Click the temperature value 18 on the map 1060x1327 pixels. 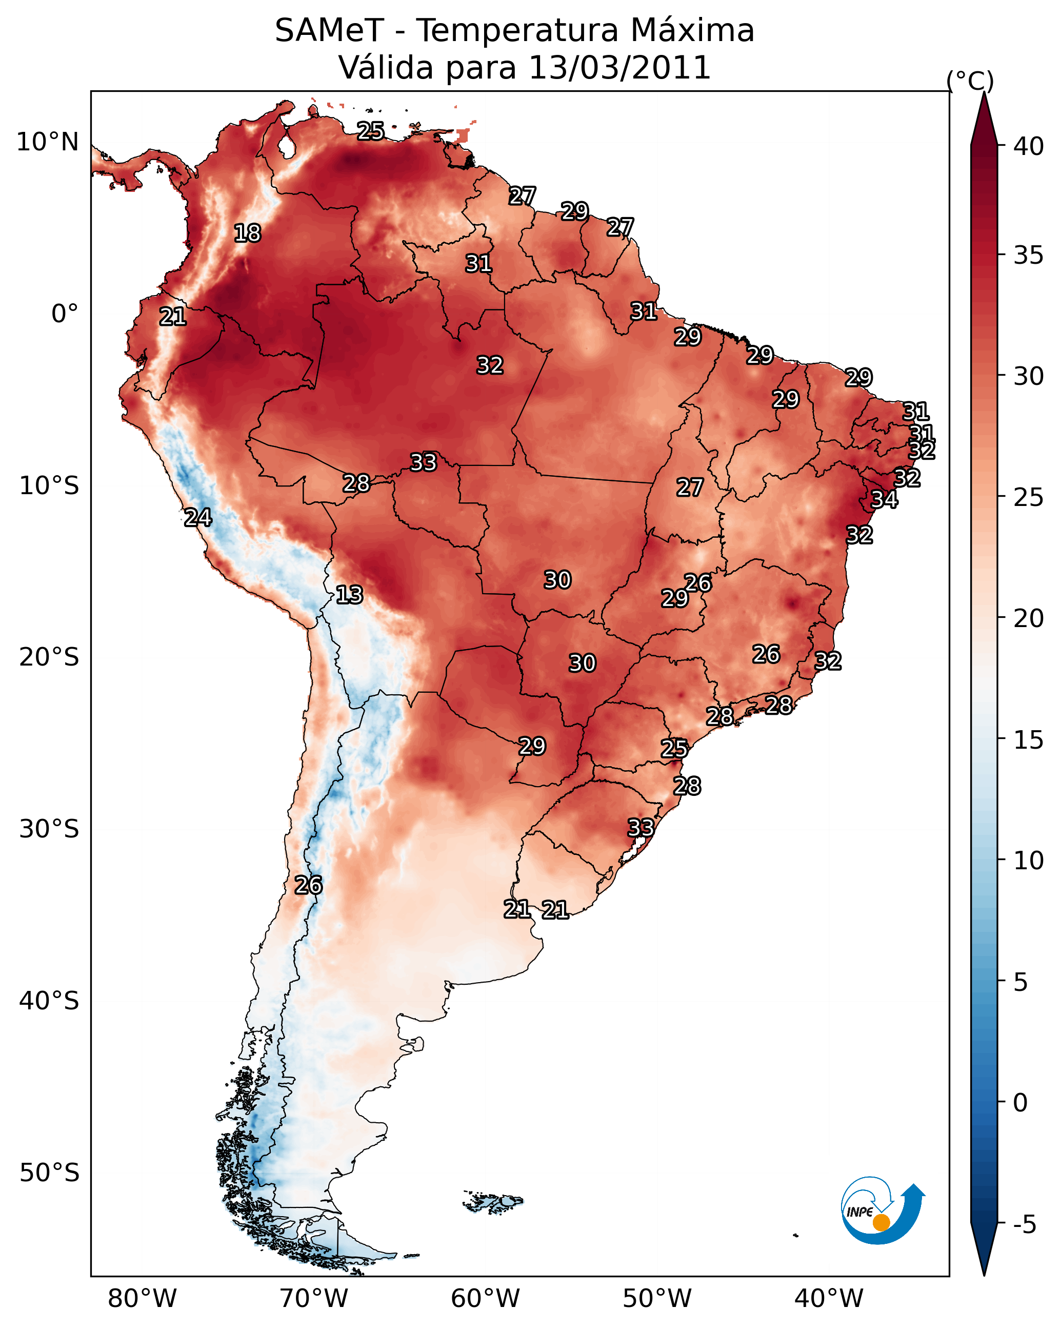247,233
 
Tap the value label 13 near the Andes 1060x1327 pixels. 349,595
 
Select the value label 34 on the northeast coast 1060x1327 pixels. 885,499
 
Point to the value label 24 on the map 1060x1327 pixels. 198,518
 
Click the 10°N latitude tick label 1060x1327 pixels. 47,142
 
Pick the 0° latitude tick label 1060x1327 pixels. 65,314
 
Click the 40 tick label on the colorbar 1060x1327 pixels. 1028,146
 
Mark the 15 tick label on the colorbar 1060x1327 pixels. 1028,740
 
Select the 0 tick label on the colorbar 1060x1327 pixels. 1021,1103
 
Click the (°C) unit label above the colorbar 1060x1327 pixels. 970,81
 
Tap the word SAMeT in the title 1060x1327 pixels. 329,31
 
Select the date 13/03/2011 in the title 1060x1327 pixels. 619,68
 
